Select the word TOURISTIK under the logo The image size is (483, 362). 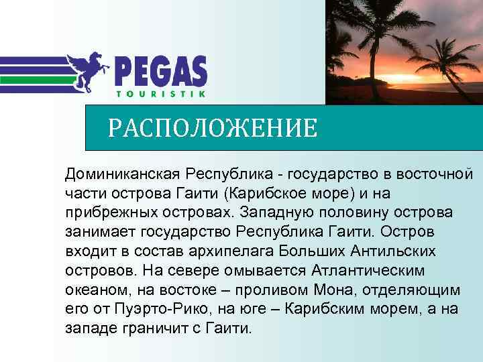click(x=161, y=93)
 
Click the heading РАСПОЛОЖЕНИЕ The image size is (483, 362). click(x=213, y=127)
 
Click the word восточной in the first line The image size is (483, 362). click(x=435, y=174)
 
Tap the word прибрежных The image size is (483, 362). click(x=109, y=213)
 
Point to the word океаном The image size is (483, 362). click(x=92, y=290)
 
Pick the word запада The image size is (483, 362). click(x=88, y=329)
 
